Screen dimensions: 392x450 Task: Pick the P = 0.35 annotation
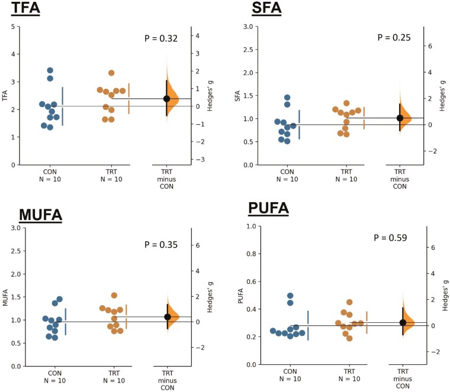[x=161, y=244]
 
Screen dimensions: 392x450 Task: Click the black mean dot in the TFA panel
[x=167, y=99]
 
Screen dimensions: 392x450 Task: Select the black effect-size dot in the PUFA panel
[x=403, y=322]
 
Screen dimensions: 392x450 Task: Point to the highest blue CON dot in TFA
[x=50, y=70]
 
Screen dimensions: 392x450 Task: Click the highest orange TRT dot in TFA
[x=111, y=73]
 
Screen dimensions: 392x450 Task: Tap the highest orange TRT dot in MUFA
[x=114, y=295]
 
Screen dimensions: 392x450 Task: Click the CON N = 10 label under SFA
[x=287, y=175]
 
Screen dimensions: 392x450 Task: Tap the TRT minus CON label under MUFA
[x=168, y=381]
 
